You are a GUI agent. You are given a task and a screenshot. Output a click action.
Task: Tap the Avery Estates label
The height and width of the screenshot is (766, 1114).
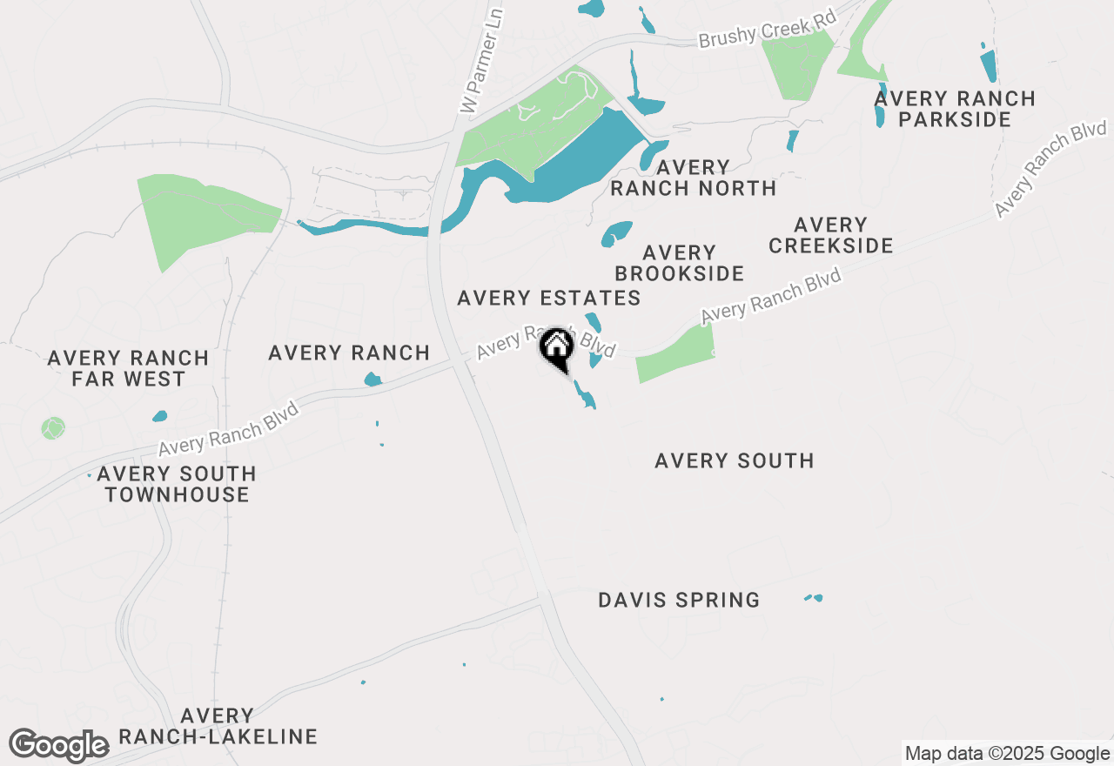point(548,299)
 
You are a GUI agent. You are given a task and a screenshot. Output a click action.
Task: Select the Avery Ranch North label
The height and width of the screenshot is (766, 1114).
point(694,178)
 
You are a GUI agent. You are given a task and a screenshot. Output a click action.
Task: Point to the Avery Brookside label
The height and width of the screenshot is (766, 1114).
point(679,263)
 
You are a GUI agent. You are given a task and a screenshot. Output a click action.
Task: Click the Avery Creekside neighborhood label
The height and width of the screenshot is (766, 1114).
point(830,236)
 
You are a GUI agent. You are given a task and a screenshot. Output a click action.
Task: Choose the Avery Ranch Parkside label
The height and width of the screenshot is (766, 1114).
point(955,109)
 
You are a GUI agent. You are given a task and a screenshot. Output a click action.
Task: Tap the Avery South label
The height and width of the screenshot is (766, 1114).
point(734,460)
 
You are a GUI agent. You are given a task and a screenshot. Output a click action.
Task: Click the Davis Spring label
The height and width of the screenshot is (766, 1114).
point(679,600)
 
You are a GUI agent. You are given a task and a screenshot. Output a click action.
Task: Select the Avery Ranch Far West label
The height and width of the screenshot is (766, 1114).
point(128,368)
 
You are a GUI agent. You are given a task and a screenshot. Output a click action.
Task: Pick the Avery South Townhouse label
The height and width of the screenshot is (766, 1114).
point(177,484)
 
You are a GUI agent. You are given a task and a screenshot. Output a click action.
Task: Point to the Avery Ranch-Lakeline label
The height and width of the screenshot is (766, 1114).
point(218,727)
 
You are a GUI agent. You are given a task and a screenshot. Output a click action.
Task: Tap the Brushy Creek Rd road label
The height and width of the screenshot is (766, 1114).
point(767,30)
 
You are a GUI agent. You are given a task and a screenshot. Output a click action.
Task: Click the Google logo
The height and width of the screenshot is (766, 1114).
point(58,746)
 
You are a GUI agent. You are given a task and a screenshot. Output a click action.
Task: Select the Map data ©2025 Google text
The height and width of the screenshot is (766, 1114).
point(1007,754)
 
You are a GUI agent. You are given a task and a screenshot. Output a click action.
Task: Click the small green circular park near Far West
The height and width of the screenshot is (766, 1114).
point(53,428)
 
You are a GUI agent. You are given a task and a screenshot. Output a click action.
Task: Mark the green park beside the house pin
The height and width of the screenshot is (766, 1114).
point(675,353)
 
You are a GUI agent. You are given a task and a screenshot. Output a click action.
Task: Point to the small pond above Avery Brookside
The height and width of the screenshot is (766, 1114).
point(616,233)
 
